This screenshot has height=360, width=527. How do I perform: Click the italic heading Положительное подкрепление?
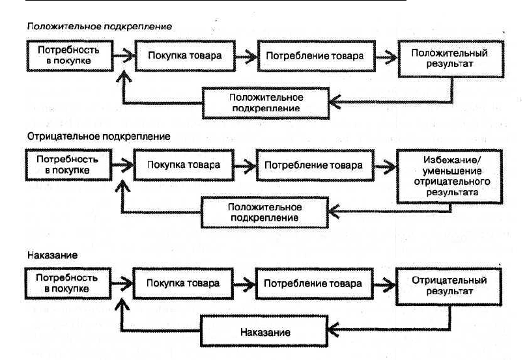coord(100,27)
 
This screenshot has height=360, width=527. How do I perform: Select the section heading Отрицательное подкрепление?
coord(99,137)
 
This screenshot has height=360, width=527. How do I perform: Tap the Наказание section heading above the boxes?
coord(52,255)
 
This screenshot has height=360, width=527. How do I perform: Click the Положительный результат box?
coord(451,59)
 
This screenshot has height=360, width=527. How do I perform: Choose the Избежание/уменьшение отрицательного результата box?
coord(449,176)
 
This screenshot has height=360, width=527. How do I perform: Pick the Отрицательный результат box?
coord(449,286)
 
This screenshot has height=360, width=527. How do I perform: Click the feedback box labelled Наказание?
coord(264,331)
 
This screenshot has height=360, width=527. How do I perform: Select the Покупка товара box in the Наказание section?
coord(183,283)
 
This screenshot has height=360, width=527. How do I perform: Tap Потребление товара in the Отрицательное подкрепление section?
coord(315,165)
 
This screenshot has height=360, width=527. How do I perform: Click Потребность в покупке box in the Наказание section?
coord(68,283)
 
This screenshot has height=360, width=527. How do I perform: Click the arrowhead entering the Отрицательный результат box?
coord(390,284)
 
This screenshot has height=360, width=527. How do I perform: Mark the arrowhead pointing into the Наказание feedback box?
coord(334,329)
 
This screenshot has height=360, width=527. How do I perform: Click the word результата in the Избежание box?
coord(452,193)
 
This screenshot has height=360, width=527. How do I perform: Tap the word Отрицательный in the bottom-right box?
coord(449,280)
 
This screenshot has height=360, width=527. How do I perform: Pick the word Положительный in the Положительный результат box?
coord(449,53)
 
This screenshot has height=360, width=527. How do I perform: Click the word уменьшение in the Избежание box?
coord(452,171)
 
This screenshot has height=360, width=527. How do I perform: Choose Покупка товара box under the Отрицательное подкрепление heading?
coord(184,165)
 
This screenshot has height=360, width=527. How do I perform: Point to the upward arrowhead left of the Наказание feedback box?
coord(122,305)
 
